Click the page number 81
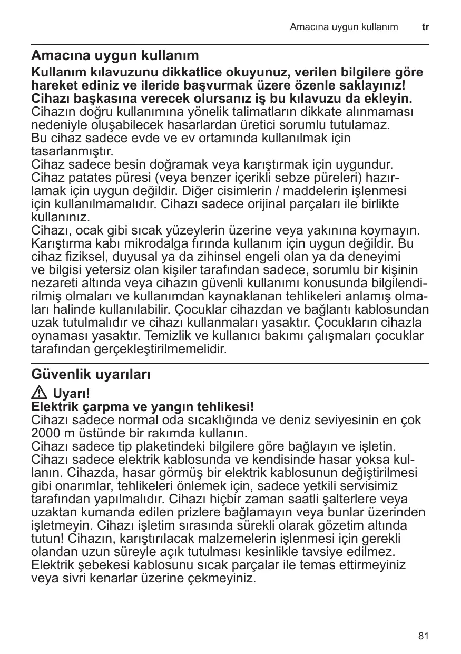[424, 636]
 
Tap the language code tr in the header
[425, 26]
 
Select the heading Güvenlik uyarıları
[91, 375]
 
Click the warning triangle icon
[40, 394]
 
